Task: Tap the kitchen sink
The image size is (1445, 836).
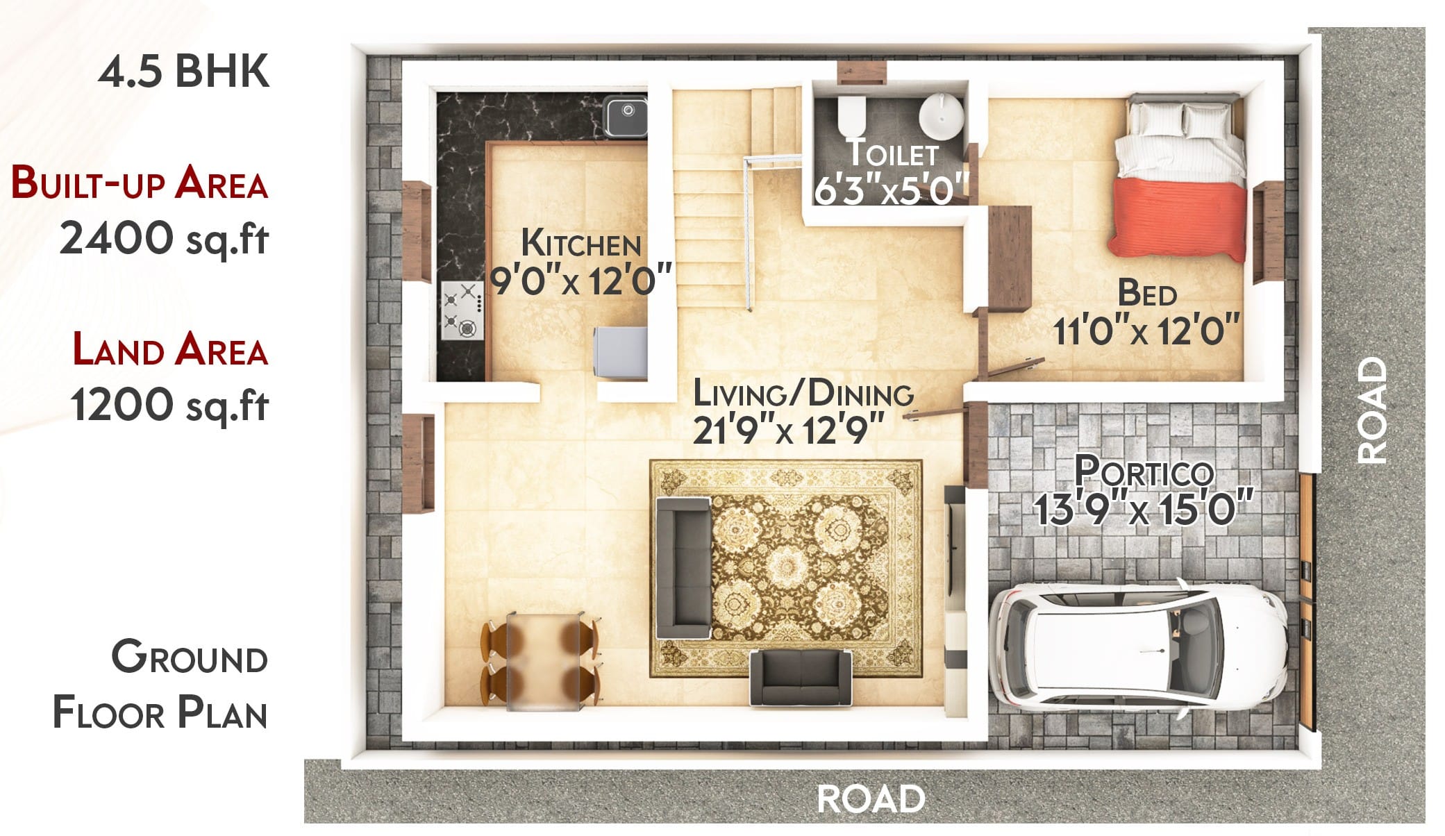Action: (x=625, y=116)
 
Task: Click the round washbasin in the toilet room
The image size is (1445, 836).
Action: (x=941, y=119)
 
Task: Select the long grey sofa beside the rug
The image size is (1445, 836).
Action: (x=683, y=567)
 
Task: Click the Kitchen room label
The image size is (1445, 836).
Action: (x=580, y=244)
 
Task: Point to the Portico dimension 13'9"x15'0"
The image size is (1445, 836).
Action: (x=1143, y=509)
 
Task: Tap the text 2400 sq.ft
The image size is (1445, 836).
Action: (x=164, y=238)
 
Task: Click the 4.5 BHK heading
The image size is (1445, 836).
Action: (x=184, y=71)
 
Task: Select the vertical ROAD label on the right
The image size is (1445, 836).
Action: (x=1373, y=410)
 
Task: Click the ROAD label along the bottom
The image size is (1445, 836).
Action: (x=871, y=799)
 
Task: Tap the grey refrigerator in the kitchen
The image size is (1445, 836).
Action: (x=620, y=353)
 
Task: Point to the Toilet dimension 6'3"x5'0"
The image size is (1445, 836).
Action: (x=892, y=190)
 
